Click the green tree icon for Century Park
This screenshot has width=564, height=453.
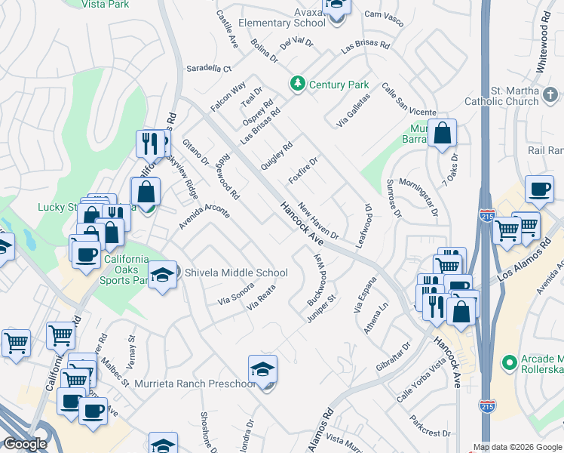(x=299, y=85)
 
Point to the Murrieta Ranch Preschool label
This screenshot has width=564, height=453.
(x=195, y=384)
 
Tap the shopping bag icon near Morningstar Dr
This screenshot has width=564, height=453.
(x=443, y=134)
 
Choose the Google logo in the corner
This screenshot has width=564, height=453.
(x=24, y=444)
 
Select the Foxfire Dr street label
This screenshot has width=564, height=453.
(x=305, y=171)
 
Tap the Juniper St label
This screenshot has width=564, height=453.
(x=321, y=307)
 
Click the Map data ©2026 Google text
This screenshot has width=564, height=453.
(x=517, y=446)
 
